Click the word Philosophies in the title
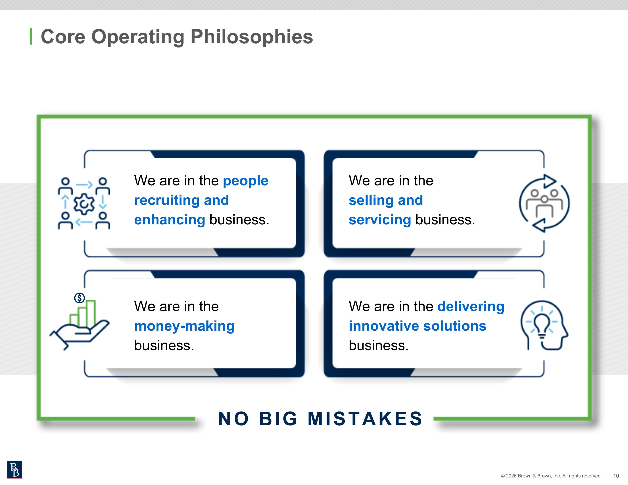coord(252,37)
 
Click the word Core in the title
coord(63,37)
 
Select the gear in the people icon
coord(84,204)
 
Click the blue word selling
coord(371,200)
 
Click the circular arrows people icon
coord(544,203)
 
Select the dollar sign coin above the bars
coord(79,298)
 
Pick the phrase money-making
coord(184,326)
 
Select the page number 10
coord(616,476)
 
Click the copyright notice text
coord(551,476)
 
